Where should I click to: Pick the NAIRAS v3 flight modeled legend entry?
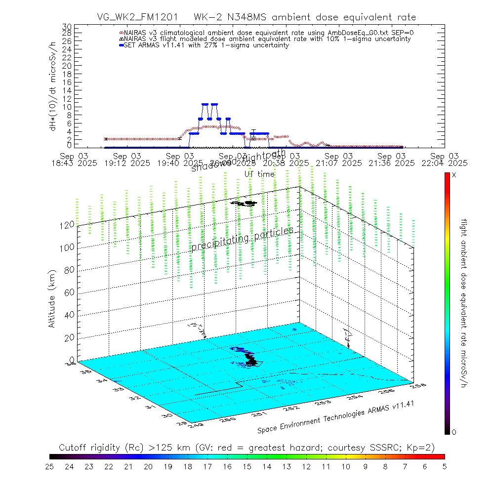click(x=267, y=39)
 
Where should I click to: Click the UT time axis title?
click(x=259, y=174)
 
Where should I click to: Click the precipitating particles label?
click(x=242, y=239)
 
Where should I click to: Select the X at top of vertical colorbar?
click(x=454, y=175)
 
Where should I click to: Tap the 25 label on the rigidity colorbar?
click(x=49, y=466)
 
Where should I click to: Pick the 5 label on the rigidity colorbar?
click(x=444, y=466)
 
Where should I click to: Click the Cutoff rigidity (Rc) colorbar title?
click(x=247, y=447)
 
